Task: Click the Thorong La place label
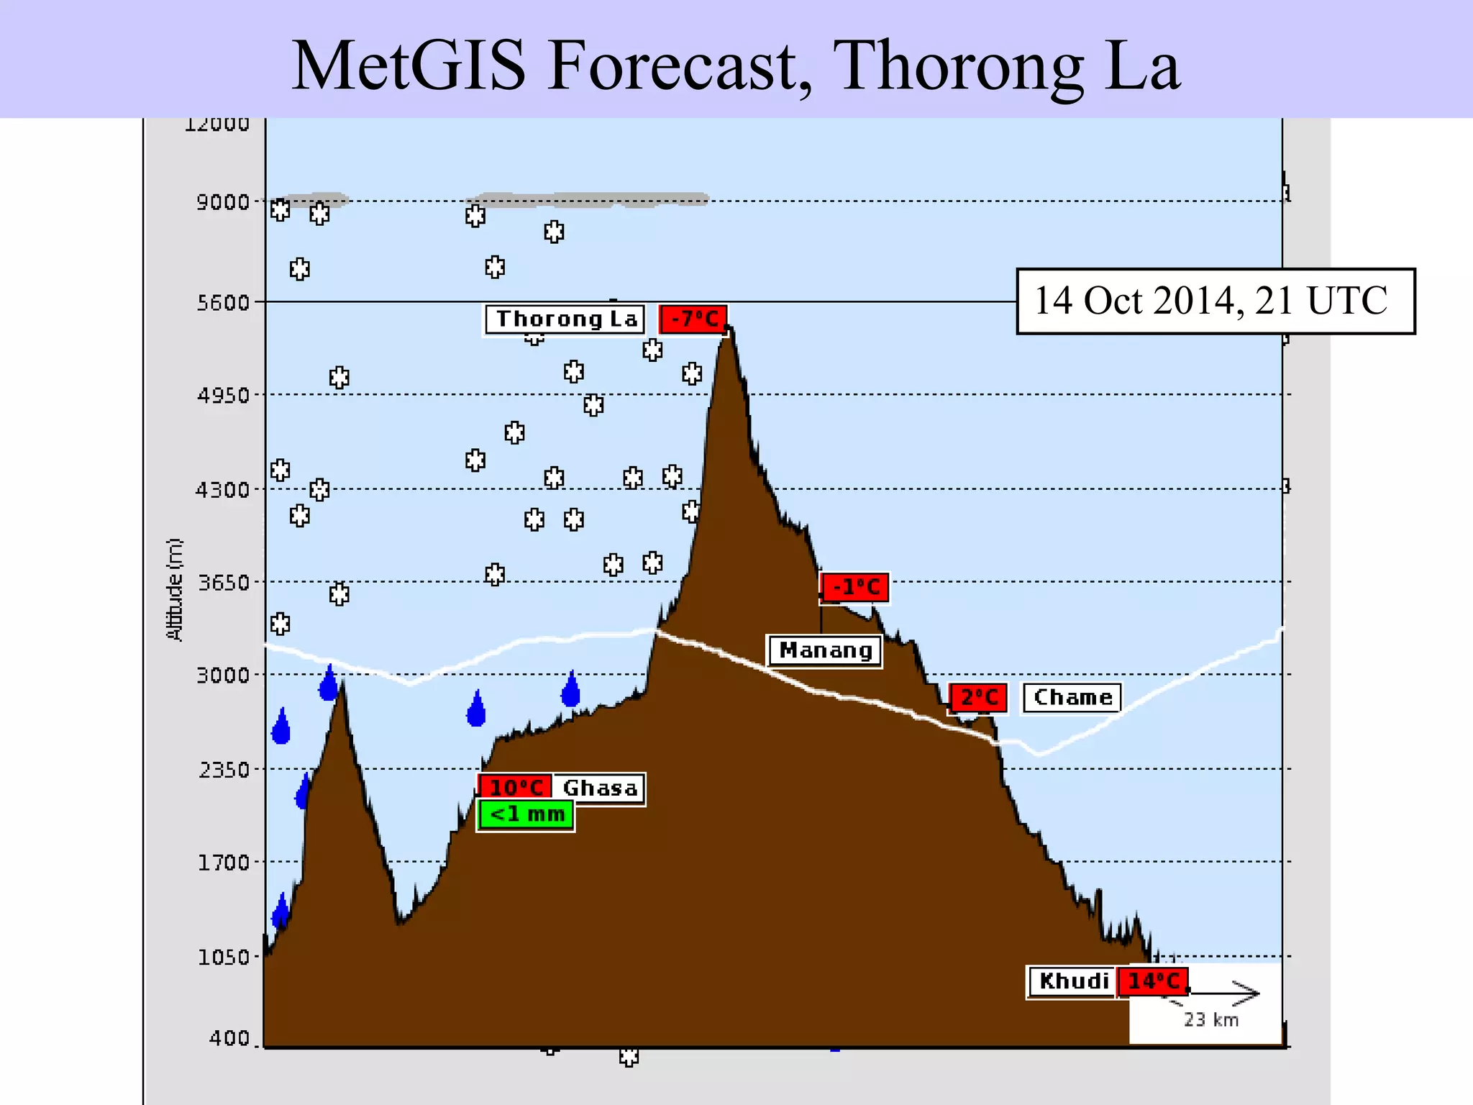pyautogui.click(x=565, y=319)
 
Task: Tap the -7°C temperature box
pyautogui.click(x=693, y=319)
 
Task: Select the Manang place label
pyautogui.click(x=825, y=650)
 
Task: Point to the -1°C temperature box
pyautogui.click(x=855, y=587)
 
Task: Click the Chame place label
pyautogui.click(x=1072, y=697)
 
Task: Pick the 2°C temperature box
pyautogui.click(x=978, y=697)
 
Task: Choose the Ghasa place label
pyautogui.click(x=600, y=788)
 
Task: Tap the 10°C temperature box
pyautogui.click(x=516, y=787)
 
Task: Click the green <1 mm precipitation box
pyautogui.click(x=526, y=815)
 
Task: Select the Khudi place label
pyautogui.click(x=1073, y=981)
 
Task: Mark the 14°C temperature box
pyautogui.click(x=1152, y=981)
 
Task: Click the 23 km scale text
pyautogui.click(x=1211, y=1019)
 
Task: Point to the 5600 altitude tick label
pyautogui.click(x=222, y=303)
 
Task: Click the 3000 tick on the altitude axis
pyautogui.click(x=222, y=676)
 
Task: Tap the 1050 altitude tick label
pyautogui.click(x=222, y=958)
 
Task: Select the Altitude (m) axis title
pyautogui.click(x=175, y=589)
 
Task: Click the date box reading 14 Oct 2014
pyautogui.click(x=1215, y=301)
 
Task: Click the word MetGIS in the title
pyautogui.click(x=409, y=65)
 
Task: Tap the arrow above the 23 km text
pyautogui.click(x=1223, y=993)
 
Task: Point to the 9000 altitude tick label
pyautogui.click(x=222, y=202)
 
